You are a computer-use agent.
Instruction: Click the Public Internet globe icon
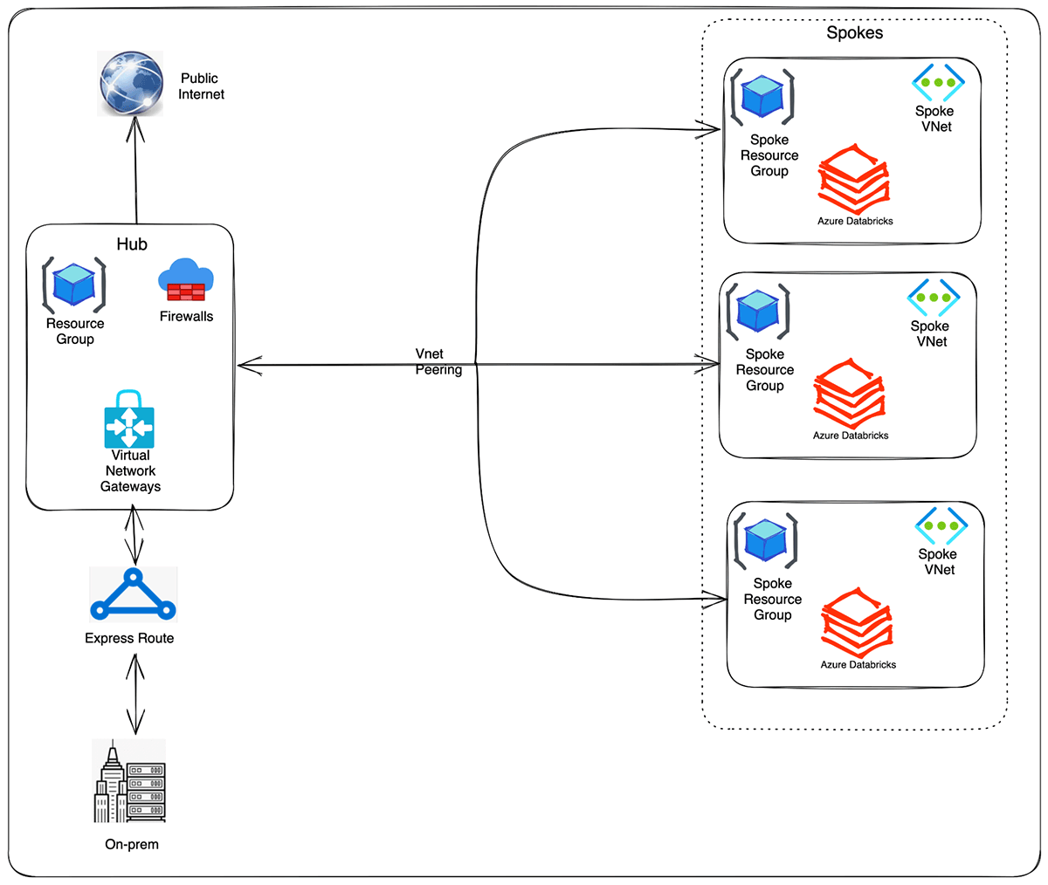[131, 83]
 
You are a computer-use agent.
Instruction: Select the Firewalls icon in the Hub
[186, 280]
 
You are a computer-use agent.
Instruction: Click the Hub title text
[132, 244]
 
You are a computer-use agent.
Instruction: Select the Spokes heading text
[854, 33]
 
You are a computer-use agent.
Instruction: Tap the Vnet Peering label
[438, 361]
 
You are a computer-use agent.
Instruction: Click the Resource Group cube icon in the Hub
[75, 285]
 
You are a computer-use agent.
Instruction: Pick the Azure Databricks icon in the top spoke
[854, 181]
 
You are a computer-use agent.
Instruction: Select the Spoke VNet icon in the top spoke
[938, 82]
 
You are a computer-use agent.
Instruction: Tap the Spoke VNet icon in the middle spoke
[934, 298]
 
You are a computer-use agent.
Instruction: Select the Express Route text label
[129, 638]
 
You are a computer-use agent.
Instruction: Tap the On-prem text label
[132, 844]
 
